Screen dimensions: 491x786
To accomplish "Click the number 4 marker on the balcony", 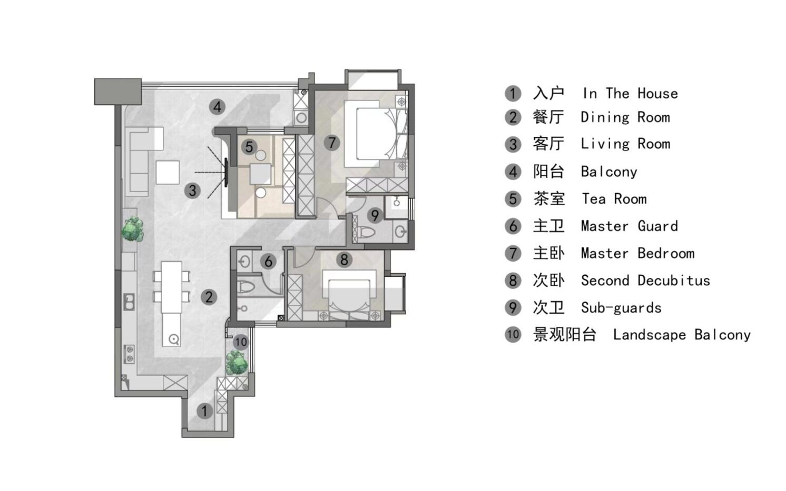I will (x=217, y=107).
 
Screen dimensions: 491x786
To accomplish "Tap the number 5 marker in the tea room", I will (x=249, y=147).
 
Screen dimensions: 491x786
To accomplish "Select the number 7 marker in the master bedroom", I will (x=331, y=143).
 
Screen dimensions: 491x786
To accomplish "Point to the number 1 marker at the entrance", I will (x=204, y=411).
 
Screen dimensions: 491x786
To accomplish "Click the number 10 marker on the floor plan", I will (x=241, y=342).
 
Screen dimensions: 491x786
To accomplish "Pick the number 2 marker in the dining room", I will (x=209, y=297).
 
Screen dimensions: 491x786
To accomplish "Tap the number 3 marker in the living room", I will (x=192, y=191).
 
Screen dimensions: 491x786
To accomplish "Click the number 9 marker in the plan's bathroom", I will (x=375, y=215).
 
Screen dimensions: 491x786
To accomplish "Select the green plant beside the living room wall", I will (x=132, y=229).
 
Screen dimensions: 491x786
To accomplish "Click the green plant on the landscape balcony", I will (x=237, y=363).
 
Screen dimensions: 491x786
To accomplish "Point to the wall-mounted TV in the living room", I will (x=226, y=172).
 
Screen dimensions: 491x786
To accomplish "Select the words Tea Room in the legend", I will (x=614, y=199).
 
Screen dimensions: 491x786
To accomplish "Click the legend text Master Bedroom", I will (x=637, y=253).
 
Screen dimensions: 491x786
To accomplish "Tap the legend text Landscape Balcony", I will (x=682, y=335).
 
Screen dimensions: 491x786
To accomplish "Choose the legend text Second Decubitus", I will (x=645, y=280).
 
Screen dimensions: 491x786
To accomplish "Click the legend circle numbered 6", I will (x=513, y=226).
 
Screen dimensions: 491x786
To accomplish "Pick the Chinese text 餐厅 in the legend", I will (x=548, y=117).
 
